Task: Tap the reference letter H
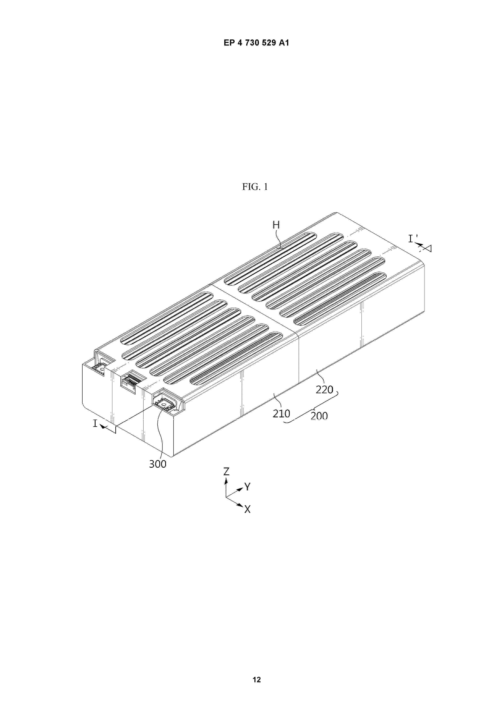[276, 225]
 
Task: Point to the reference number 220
[324, 390]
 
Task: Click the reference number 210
[281, 413]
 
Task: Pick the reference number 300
[158, 464]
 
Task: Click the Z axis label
[227, 472]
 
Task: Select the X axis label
[247, 509]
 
